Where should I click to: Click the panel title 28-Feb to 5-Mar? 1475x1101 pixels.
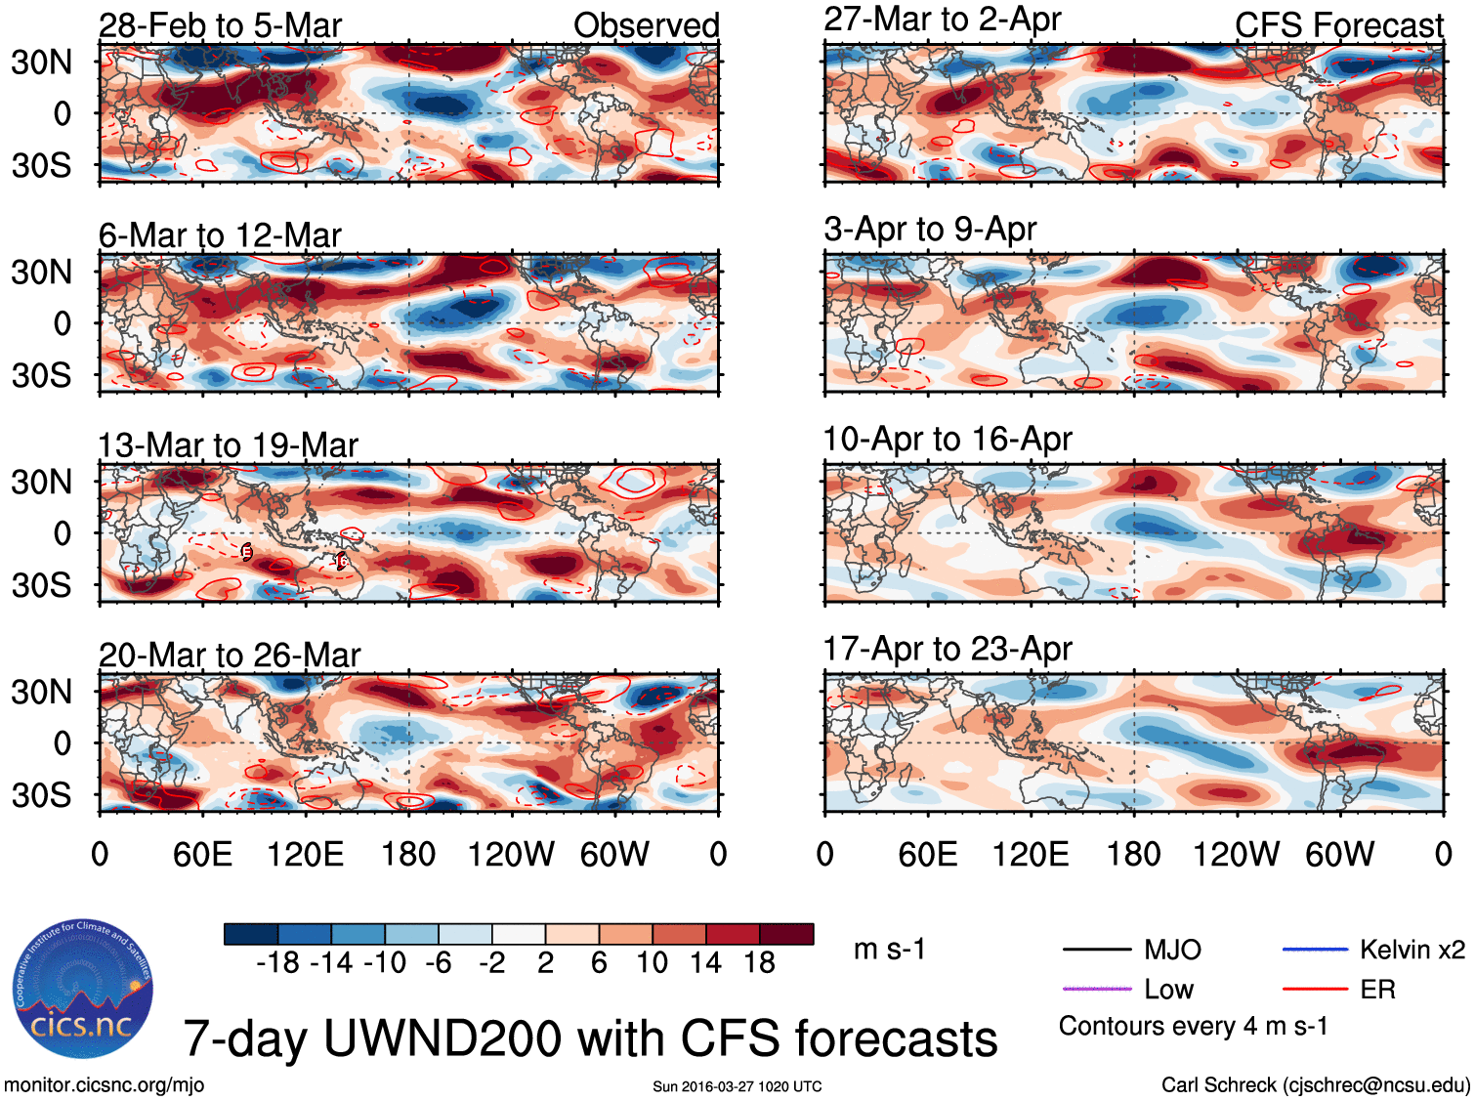point(220,25)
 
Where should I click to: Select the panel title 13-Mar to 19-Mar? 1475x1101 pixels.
point(228,445)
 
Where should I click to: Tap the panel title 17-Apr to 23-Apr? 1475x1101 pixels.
point(948,649)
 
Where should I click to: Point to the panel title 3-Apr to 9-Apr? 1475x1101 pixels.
point(930,230)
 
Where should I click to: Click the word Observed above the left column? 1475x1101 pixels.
point(646,25)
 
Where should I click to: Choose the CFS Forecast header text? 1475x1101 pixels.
point(1338,25)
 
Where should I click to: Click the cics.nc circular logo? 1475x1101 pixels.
point(83,990)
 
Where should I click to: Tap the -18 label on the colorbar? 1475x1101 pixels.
point(278,963)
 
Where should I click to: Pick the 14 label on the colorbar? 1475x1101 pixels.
point(705,963)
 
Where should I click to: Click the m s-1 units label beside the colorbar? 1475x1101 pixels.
point(889,950)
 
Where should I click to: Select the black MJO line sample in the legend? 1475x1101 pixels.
point(1097,949)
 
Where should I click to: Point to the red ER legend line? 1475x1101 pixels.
point(1315,990)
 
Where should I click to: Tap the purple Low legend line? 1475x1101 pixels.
point(1097,990)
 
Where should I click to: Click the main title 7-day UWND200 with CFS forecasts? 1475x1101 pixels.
point(590,1038)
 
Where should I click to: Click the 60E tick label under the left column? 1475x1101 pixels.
point(202,855)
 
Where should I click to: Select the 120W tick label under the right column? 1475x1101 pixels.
point(1236,855)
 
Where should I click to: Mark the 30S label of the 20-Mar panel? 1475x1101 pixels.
point(42,795)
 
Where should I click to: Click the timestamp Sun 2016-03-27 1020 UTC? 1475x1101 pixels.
point(737,1086)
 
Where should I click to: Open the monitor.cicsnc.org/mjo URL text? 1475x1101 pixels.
point(105,1084)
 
